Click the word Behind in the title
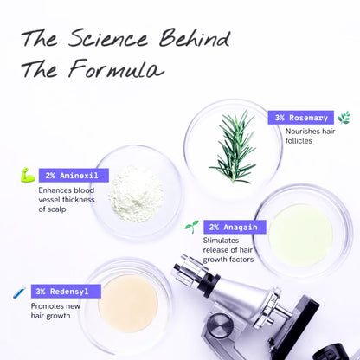196,39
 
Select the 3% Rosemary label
302,118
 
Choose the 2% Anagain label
230,227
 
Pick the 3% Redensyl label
63,292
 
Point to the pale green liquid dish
300,230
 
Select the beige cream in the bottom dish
127,303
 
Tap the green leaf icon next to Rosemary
344,118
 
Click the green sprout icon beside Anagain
191,227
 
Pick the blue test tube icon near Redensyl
19,292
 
